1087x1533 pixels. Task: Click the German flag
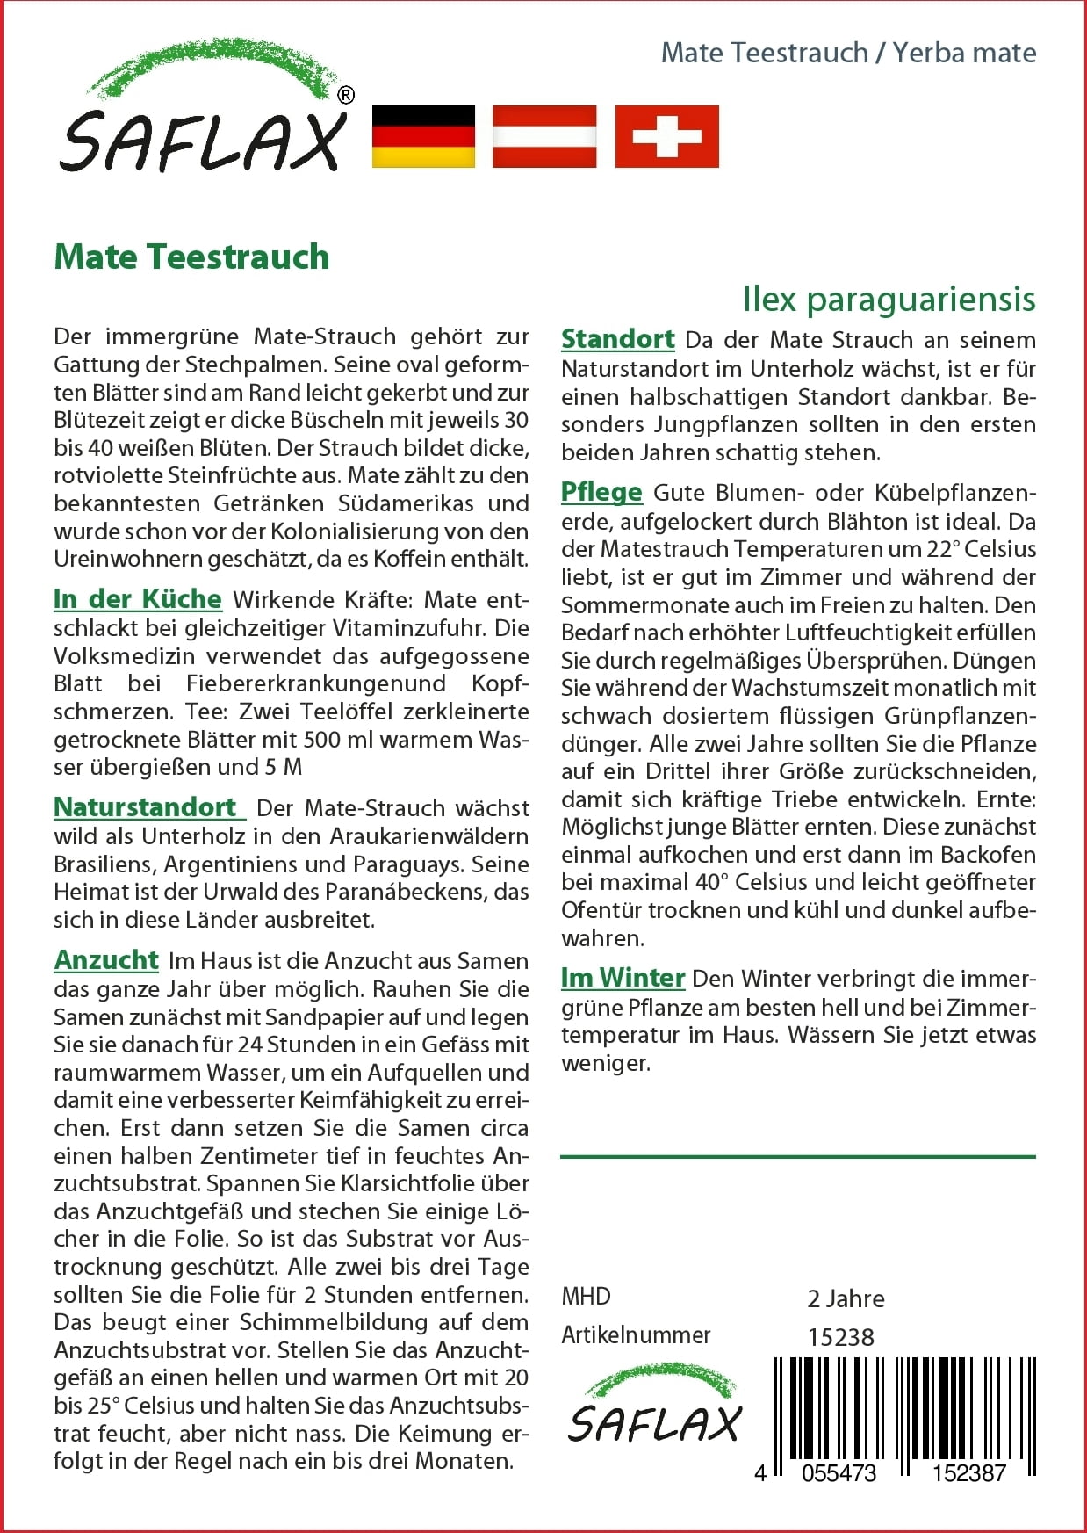tap(423, 136)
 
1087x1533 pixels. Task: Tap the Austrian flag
tap(544, 136)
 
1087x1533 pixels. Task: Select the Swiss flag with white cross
tap(666, 136)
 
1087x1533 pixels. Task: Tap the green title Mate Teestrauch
tap(191, 257)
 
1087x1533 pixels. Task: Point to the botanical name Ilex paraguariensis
tap(889, 300)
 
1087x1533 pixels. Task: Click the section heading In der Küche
tap(138, 599)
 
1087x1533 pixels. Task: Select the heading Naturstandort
tap(146, 807)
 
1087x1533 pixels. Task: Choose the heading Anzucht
tap(106, 960)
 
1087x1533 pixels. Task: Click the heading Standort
tap(617, 339)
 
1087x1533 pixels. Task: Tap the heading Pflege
tap(601, 492)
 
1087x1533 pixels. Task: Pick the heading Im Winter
tap(623, 978)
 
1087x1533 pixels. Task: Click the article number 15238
tap(840, 1337)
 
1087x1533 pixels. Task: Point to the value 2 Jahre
tap(846, 1298)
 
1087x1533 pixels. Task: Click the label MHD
tap(586, 1297)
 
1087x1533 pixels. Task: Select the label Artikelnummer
tap(636, 1335)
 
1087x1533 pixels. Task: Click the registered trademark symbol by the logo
tap(346, 96)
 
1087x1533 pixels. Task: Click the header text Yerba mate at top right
tap(964, 53)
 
